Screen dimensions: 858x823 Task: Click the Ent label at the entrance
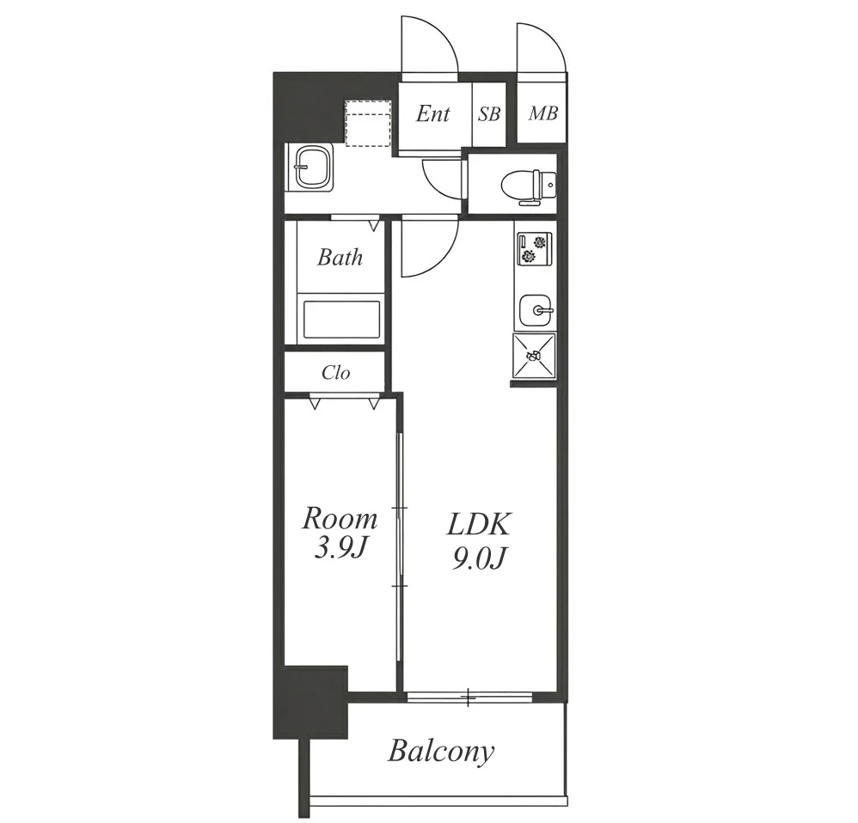pyautogui.click(x=432, y=113)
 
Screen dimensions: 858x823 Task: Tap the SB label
pyautogui.click(x=488, y=114)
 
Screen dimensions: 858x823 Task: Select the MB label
pyautogui.click(x=542, y=113)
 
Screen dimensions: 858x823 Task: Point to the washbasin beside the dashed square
pyautogui.click(x=314, y=168)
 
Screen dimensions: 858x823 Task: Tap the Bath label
pyautogui.click(x=340, y=257)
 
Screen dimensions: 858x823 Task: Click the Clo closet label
pyautogui.click(x=335, y=373)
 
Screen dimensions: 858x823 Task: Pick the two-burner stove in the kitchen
pyautogui.click(x=534, y=249)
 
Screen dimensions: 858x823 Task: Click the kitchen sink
pyautogui.click(x=535, y=310)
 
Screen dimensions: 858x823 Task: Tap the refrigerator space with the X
pyautogui.click(x=534, y=356)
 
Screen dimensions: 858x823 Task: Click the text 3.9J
pyautogui.click(x=340, y=550)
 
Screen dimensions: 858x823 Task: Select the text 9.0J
pyautogui.click(x=477, y=558)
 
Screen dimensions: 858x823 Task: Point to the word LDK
pyautogui.click(x=478, y=523)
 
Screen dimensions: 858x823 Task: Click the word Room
pyautogui.click(x=340, y=518)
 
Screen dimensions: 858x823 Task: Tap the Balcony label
pyautogui.click(x=441, y=752)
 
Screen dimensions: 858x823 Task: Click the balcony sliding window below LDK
pyautogui.click(x=469, y=697)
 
